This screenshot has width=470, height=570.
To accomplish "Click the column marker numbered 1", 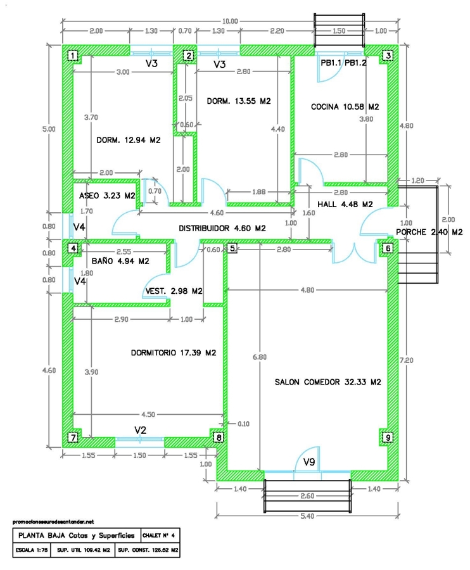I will tap(73, 56).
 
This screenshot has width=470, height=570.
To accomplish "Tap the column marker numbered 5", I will tap(232, 248).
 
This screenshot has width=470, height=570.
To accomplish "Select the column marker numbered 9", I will tap(388, 436).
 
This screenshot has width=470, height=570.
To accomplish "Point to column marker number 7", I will tap(73, 437).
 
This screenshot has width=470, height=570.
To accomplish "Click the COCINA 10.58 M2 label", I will tap(345, 107).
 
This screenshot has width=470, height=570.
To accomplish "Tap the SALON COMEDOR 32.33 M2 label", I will tap(327, 382).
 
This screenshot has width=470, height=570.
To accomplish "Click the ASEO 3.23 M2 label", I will tap(107, 196).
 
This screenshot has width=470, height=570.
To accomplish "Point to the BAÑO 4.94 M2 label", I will tap(120, 260).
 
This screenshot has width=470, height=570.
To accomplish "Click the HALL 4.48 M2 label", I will tap(345, 203).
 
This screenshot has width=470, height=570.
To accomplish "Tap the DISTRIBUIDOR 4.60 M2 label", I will tap(222, 228).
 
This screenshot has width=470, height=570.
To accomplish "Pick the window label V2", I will tap(140, 430).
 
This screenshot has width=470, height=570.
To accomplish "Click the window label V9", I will tap(309, 462).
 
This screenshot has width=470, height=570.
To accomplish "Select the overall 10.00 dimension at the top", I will tap(231, 21).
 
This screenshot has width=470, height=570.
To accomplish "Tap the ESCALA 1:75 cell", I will tap(30, 550).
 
